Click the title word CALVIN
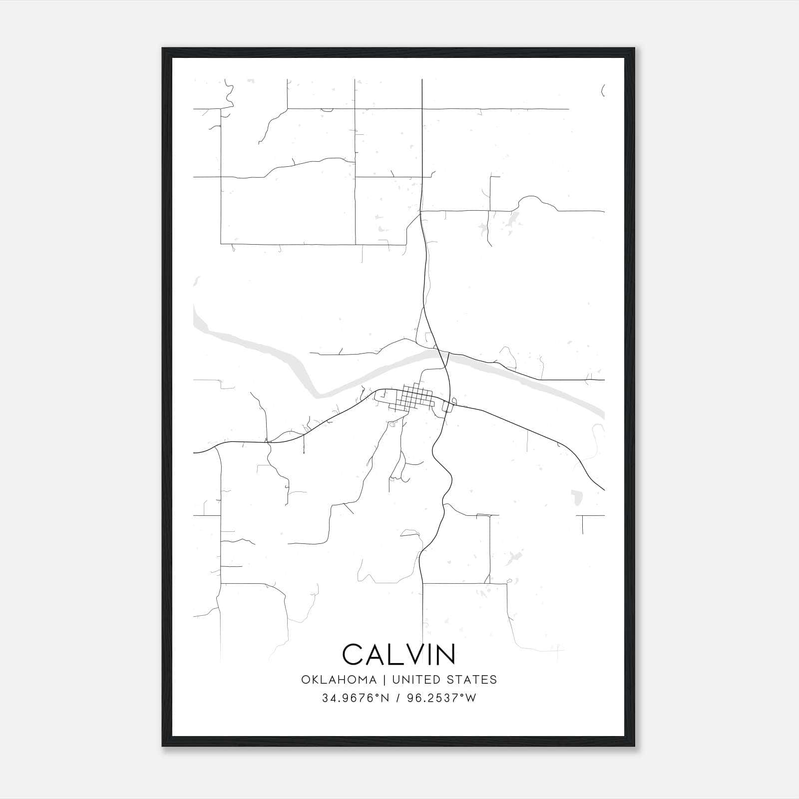[399, 654]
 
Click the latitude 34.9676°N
[355, 698]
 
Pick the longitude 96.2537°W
[441, 698]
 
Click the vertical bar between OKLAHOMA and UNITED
[384, 680]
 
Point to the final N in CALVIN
[445, 654]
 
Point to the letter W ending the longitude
[471, 698]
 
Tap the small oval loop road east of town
[454, 400]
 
